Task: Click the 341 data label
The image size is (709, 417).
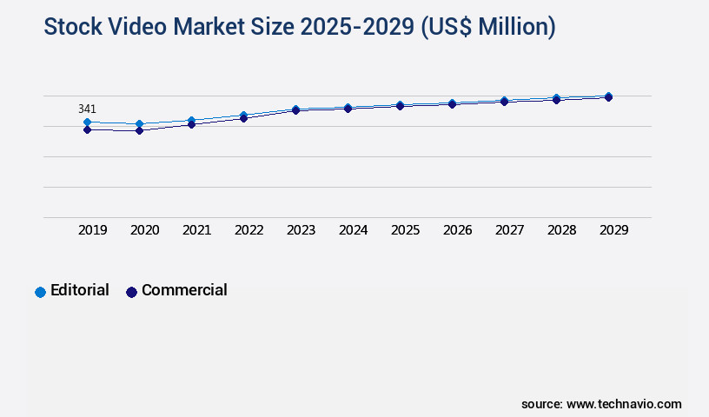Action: pyautogui.click(x=87, y=109)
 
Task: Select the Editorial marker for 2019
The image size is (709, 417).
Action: pyautogui.click(x=87, y=122)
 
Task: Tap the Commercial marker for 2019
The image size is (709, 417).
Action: pyautogui.click(x=87, y=130)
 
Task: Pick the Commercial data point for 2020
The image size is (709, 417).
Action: pyautogui.click(x=139, y=131)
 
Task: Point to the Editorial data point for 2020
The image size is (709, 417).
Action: pyautogui.click(x=139, y=124)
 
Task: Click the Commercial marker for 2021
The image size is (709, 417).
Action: pyautogui.click(x=191, y=125)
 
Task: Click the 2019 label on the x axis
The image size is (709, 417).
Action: pyautogui.click(x=93, y=230)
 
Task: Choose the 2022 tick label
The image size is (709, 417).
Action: pyautogui.click(x=249, y=230)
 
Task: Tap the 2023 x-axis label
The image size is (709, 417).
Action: pyautogui.click(x=301, y=230)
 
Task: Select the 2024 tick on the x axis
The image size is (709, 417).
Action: pyautogui.click(x=354, y=230)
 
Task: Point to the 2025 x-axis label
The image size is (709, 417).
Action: pyautogui.click(x=406, y=230)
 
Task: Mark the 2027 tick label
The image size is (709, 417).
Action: pyautogui.click(x=510, y=230)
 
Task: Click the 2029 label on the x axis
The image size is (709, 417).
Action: pyautogui.click(x=614, y=230)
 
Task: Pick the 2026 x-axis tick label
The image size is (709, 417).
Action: pyautogui.click(x=458, y=230)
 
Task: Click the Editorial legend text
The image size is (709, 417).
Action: pyautogui.click(x=80, y=290)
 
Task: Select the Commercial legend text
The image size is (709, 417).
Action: pyautogui.click(x=184, y=290)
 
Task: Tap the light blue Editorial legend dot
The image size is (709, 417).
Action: pyautogui.click(x=40, y=292)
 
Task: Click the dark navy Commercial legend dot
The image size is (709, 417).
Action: pyautogui.click(x=132, y=292)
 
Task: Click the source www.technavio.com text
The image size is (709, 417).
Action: pyautogui.click(x=601, y=404)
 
